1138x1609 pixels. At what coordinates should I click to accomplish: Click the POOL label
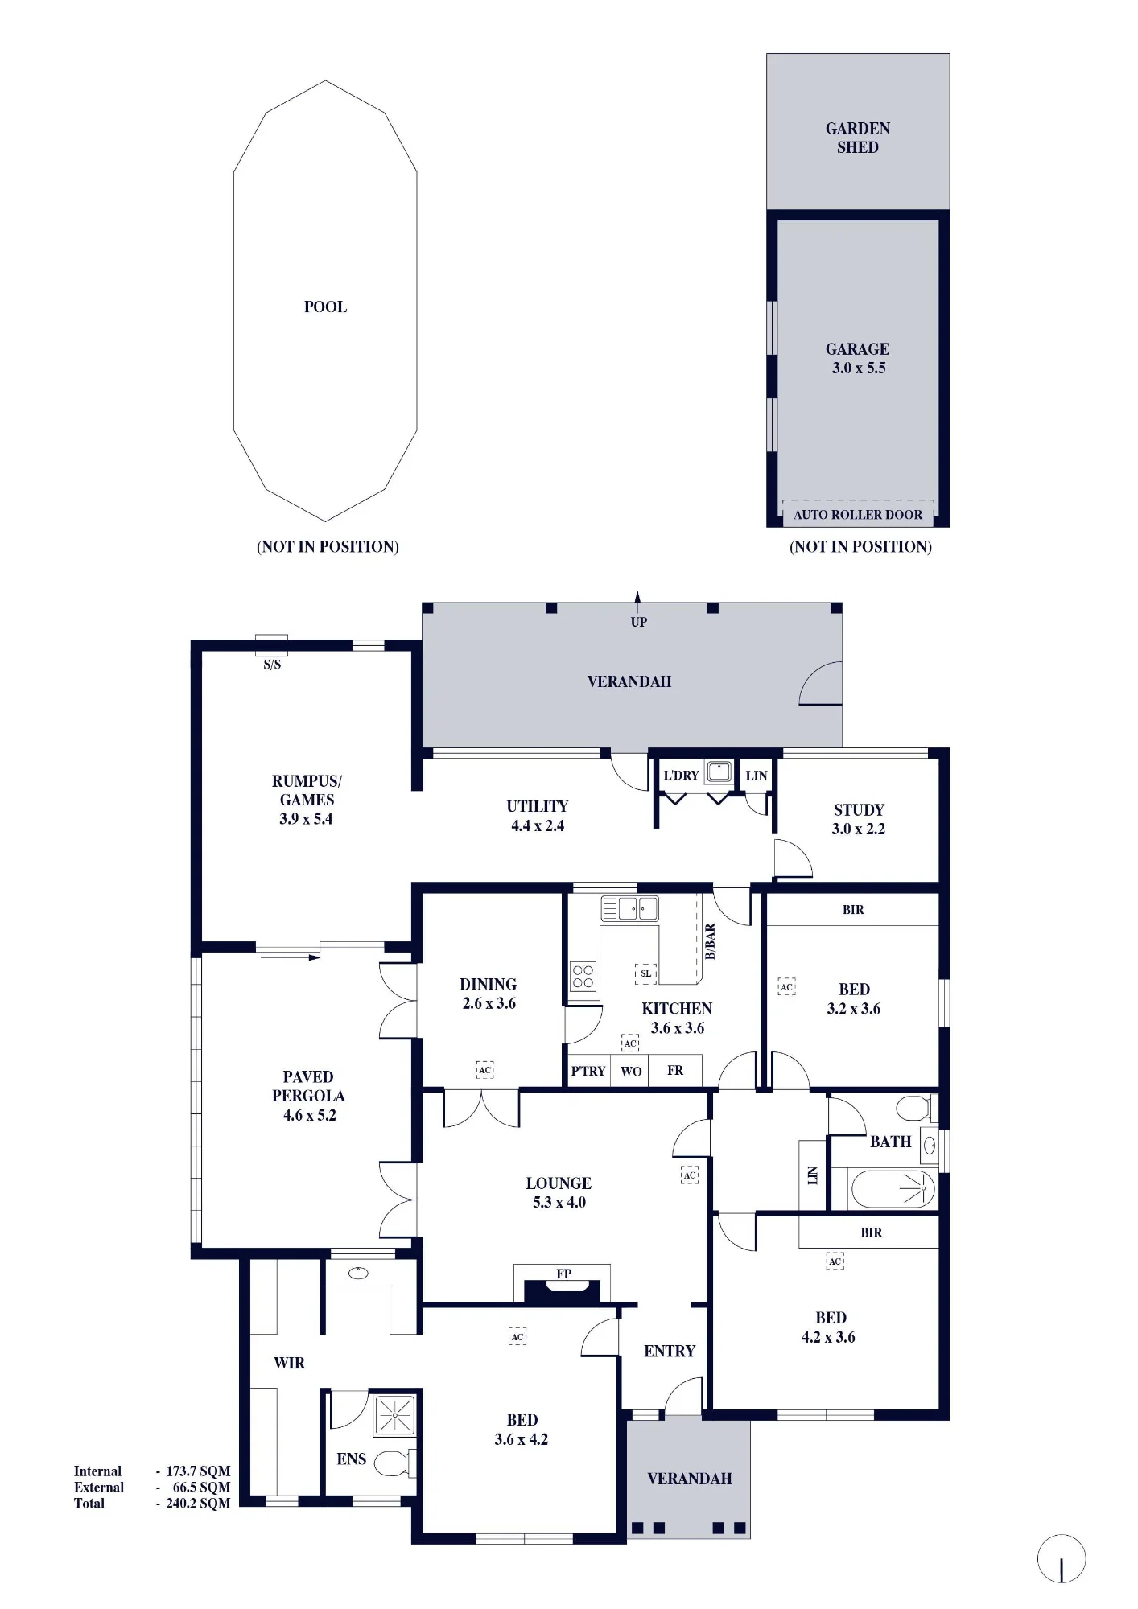pyautogui.click(x=325, y=307)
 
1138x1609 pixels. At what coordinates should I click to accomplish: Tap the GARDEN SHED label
pyautogui.click(x=858, y=138)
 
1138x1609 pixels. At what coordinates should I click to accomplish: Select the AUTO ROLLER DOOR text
pyautogui.click(x=858, y=515)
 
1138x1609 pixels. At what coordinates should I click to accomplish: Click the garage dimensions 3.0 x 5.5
pyautogui.click(x=859, y=368)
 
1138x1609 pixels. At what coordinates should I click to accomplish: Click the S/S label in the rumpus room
pyautogui.click(x=272, y=665)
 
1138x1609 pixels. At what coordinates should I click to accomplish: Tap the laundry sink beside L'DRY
pyautogui.click(x=719, y=772)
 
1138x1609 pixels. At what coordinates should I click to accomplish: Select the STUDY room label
pyautogui.click(x=859, y=809)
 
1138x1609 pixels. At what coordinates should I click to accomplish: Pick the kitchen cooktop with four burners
pyautogui.click(x=583, y=977)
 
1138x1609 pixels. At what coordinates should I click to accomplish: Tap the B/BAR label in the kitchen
pyautogui.click(x=710, y=941)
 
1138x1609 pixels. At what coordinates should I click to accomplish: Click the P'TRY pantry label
pyautogui.click(x=588, y=1071)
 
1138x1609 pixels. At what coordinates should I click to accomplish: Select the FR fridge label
pyautogui.click(x=675, y=1070)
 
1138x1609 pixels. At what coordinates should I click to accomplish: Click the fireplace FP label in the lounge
pyautogui.click(x=563, y=1274)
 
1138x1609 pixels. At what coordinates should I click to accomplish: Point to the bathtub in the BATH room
pyautogui.click(x=893, y=1189)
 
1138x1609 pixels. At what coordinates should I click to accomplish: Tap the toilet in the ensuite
pyautogui.click(x=394, y=1463)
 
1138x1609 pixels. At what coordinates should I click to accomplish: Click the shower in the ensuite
pyautogui.click(x=394, y=1415)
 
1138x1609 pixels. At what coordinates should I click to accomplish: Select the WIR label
pyautogui.click(x=289, y=1363)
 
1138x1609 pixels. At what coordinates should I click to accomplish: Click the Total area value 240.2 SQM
pyautogui.click(x=198, y=1503)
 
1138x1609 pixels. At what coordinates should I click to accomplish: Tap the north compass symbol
pyautogui.click(x=1062, y=1558)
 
